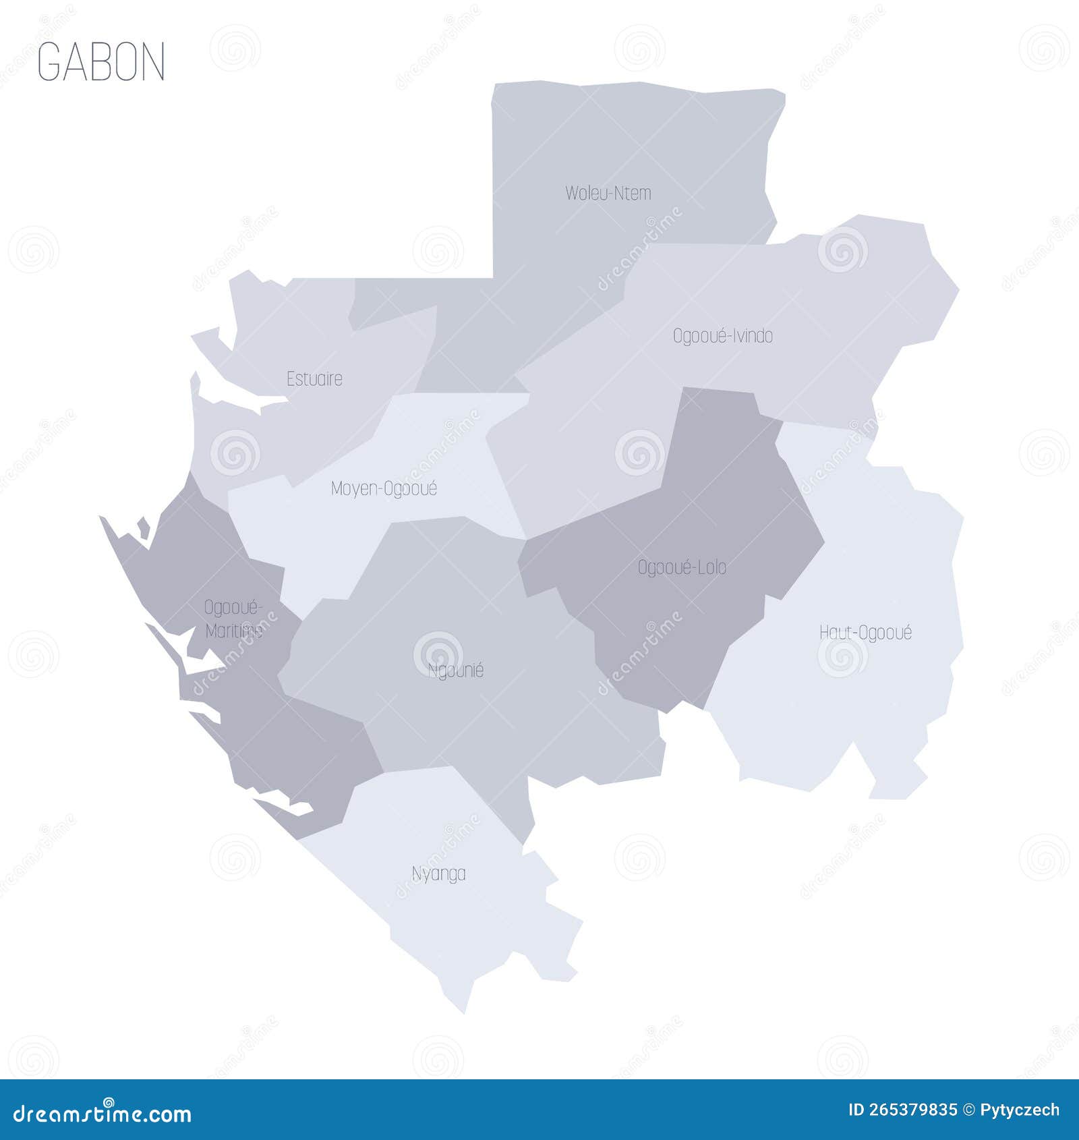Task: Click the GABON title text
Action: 101,61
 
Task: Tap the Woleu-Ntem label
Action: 608,194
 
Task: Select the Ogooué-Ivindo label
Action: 722,336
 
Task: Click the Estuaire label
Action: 314,379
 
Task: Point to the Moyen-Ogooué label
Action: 384,488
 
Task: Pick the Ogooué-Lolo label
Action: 682,568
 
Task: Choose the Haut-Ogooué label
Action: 865,633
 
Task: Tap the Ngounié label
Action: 456,671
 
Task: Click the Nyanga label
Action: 438,874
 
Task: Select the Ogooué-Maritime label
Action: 233,619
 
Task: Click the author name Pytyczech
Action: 1019,1110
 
